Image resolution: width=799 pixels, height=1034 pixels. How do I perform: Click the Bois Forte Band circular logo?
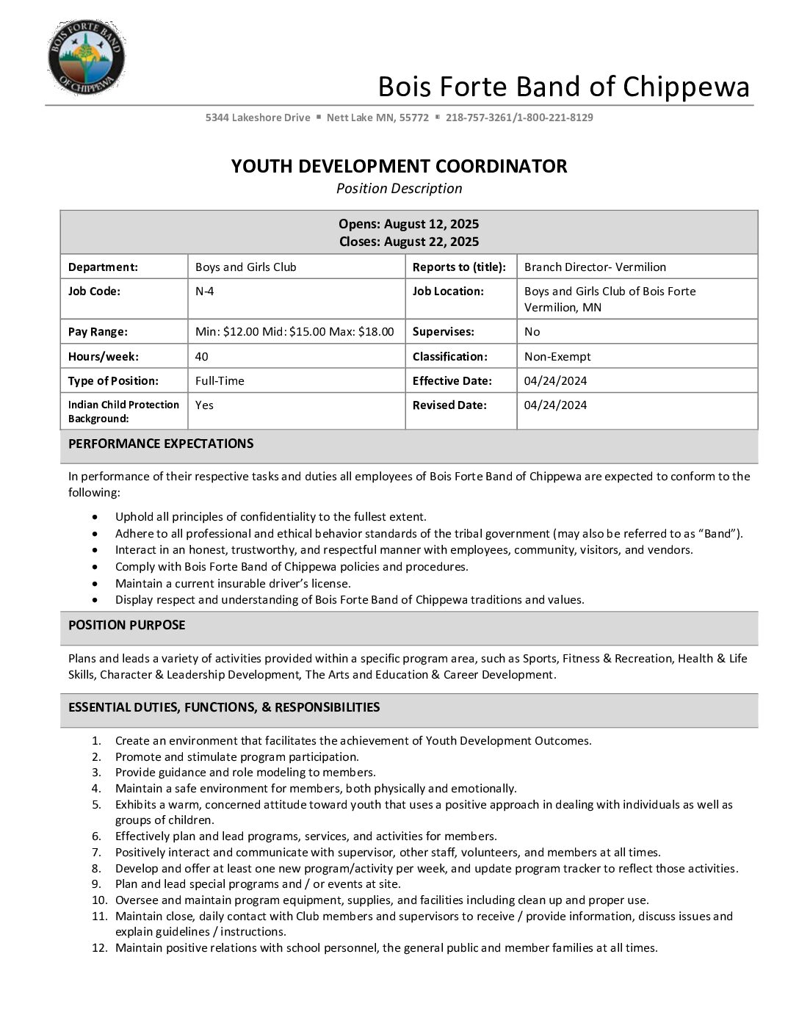[x=86, y=57]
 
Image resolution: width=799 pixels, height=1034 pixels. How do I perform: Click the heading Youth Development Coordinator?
[x=399, y=166]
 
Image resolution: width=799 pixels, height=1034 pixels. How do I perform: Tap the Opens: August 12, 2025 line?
[x=408, y=224]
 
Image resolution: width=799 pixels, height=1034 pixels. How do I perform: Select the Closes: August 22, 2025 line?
[x=408, y=242]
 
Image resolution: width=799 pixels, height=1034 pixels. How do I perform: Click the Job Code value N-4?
[x=205, y=292]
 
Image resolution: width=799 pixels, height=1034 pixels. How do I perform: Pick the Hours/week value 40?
[x=202, y=357]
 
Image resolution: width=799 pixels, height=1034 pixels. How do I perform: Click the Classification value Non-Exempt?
[x=557, y=357]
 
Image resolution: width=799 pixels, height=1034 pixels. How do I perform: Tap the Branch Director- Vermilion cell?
[x=595, y=267]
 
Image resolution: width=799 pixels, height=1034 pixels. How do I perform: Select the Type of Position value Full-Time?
[x=220, y=381]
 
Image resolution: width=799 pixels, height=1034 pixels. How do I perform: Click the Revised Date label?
[x=449, y=405]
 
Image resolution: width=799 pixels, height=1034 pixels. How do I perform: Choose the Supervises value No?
[x=532, y=332]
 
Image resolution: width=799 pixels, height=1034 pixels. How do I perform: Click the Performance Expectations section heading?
[x=161, y=444]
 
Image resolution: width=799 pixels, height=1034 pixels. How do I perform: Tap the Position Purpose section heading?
[x=127, y=625]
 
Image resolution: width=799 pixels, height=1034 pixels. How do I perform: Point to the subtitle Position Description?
[x=399, y=189]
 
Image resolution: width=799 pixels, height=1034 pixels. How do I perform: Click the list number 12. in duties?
[x=99, y=948]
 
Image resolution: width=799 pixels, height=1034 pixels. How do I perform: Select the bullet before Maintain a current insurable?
[x=96, y=584]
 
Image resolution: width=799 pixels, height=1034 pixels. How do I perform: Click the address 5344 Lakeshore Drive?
[x=258, y=117]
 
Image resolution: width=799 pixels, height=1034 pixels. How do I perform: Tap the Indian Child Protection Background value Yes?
[x=204, y=405]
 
